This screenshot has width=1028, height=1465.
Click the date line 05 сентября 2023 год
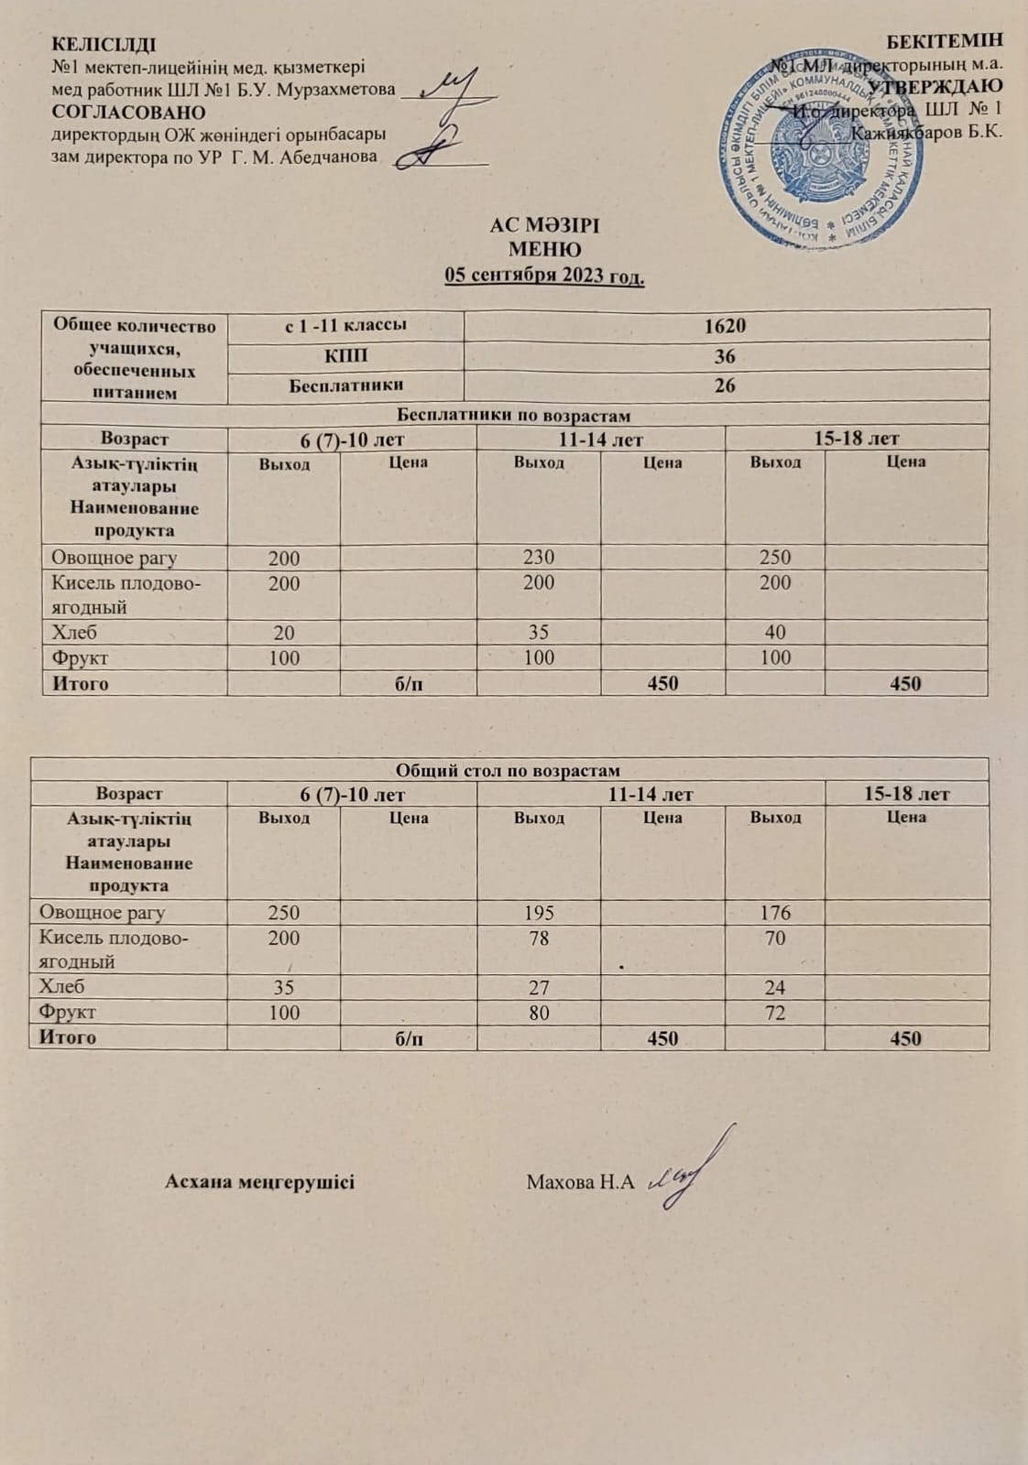pyautogui.click(x=544, y=275)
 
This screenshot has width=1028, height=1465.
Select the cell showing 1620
pyautogui.click(x=725, y=326)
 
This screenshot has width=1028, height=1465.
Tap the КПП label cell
pyautogui.click(x=345, y=355)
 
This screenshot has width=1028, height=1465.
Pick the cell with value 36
pyautogui.click(x=725, y=356)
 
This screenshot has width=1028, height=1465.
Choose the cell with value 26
pyautogui.click(x=725, y=385)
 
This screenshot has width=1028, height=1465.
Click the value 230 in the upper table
pyautogui.click(x=539, y=558)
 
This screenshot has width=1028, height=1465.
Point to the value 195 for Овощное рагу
pyautogui.click(x=539, y=913)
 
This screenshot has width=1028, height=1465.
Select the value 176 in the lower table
pyautogui.click(x=775, y=913)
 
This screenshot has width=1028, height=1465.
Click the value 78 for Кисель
pyautogui.click(x=539, y=939)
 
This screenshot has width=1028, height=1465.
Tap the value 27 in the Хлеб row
pyautogui.click(x=539, y=988)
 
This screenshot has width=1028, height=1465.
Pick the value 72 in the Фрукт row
pyautogui.click(x=775, y=1013)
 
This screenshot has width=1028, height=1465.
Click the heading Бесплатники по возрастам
pyautogui.click(x=514, y=416)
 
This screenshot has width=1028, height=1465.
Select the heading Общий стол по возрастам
pyautogui.click(x=509, y=770)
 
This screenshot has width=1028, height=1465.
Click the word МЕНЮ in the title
pyautogui.click(x=544, y=250)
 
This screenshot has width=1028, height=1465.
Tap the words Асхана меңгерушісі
pyautogui.click(x=259, y=1182)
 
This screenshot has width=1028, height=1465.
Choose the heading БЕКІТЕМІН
pyautogui.click(x=946, y=40)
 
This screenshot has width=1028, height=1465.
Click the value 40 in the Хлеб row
pyautogui.click(x=775, y=633)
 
